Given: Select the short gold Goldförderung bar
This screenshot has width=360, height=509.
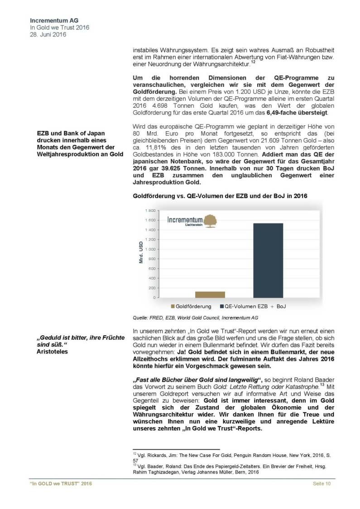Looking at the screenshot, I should (x=210, y=295).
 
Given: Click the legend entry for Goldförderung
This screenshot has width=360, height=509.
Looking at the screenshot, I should (x=190, y=307).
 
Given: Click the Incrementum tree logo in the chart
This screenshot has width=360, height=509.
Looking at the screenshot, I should (x=210, y=220).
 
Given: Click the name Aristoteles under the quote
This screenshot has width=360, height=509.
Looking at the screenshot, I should (x=52, y=351).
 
